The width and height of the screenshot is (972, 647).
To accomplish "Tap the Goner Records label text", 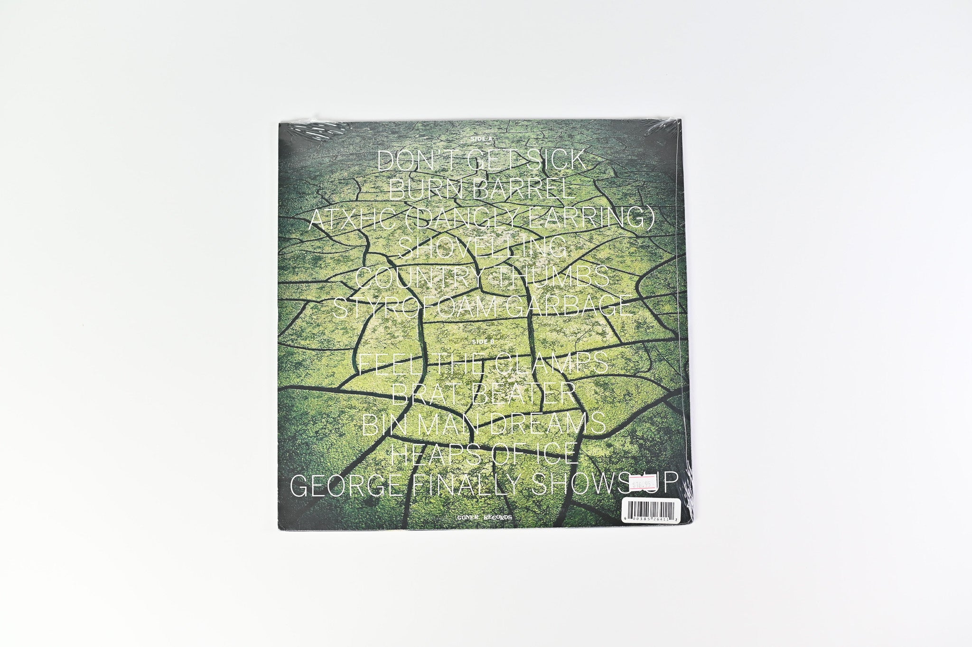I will coord(482,519).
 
